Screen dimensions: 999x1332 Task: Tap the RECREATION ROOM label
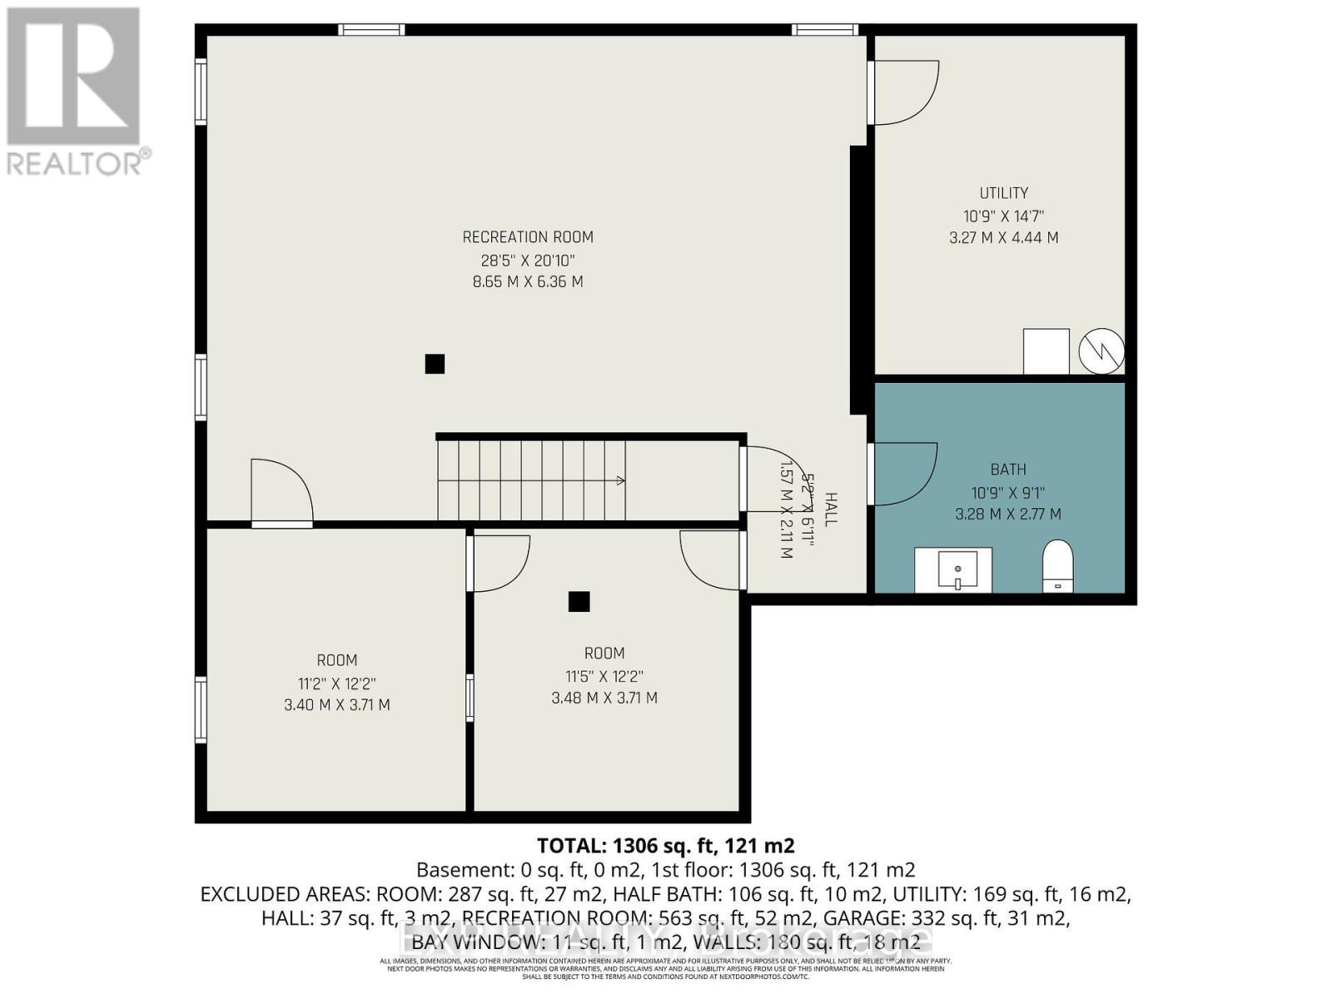[x=528, y=237]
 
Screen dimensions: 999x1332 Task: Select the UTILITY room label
[x=1003, y=193]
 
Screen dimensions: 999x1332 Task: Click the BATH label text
[x=1007, y=470]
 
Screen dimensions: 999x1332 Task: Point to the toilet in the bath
[x=1058, y=566]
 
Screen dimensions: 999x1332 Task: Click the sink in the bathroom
[x=953, y=570]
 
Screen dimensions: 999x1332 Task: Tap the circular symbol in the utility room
[x=1101, y=352]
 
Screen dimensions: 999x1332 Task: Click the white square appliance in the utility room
[x=1046, y=351]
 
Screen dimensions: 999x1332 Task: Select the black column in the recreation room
[x=435, y=364]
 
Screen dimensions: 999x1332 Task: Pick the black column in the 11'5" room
[x=579, y=601]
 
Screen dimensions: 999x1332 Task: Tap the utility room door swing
[x=906, y=93]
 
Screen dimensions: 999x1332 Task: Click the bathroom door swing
[x=904, y=475]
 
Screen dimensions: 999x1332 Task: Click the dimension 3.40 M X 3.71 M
[x=336, y=705]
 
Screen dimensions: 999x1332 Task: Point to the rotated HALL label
[x=830, y=509]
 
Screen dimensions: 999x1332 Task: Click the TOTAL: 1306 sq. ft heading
[x=665, y=846]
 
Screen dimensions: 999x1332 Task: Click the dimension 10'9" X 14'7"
[x=1003, y=216]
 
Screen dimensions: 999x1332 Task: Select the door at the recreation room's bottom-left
[x=281, y=493]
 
